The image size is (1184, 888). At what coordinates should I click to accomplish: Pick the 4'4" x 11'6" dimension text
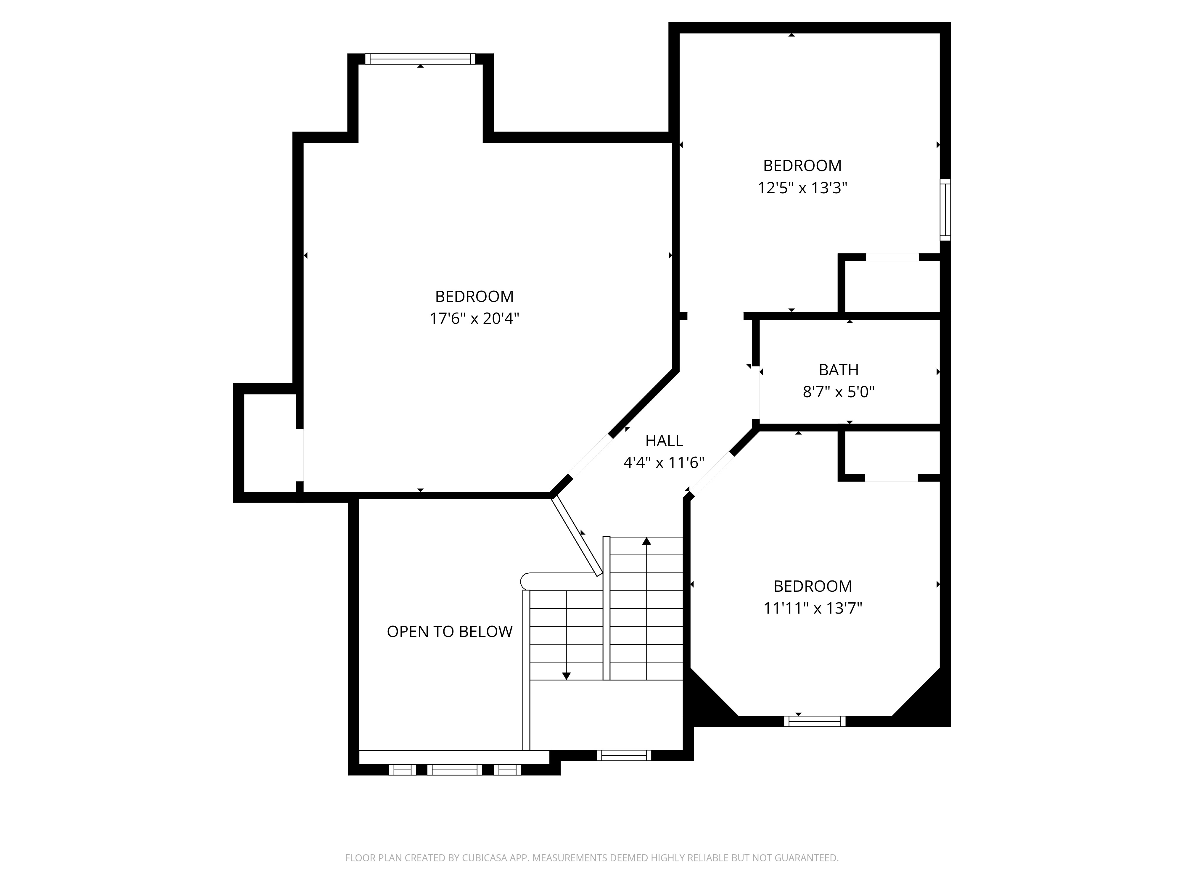(664, 462)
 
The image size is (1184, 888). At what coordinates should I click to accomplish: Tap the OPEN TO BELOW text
(450, 632)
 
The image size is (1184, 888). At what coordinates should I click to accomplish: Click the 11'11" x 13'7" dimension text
(813, 609)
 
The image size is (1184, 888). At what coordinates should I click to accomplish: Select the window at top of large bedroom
(420, 59)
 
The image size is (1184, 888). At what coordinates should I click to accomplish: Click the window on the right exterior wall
(945, 209)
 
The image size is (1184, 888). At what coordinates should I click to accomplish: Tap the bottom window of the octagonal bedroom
(815, 721)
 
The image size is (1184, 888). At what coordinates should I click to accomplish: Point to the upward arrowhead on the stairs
(646, 541)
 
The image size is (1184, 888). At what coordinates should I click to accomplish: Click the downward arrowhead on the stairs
(566, 676)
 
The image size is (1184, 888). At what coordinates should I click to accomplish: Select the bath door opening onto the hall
(755, 392)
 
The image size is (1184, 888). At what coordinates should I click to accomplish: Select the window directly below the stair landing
(624, 755)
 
